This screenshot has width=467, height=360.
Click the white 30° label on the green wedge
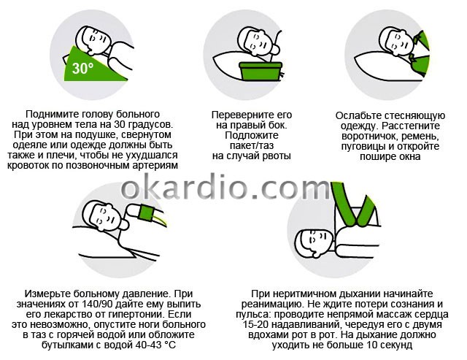click(82, 68)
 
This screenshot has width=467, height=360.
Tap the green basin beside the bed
click(260, 71)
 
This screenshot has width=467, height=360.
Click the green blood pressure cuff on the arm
click(146, 213)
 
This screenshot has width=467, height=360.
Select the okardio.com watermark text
click(225, 187)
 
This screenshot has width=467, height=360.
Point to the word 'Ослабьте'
click(358, 115)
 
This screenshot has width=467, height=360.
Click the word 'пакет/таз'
click(252, 146)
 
